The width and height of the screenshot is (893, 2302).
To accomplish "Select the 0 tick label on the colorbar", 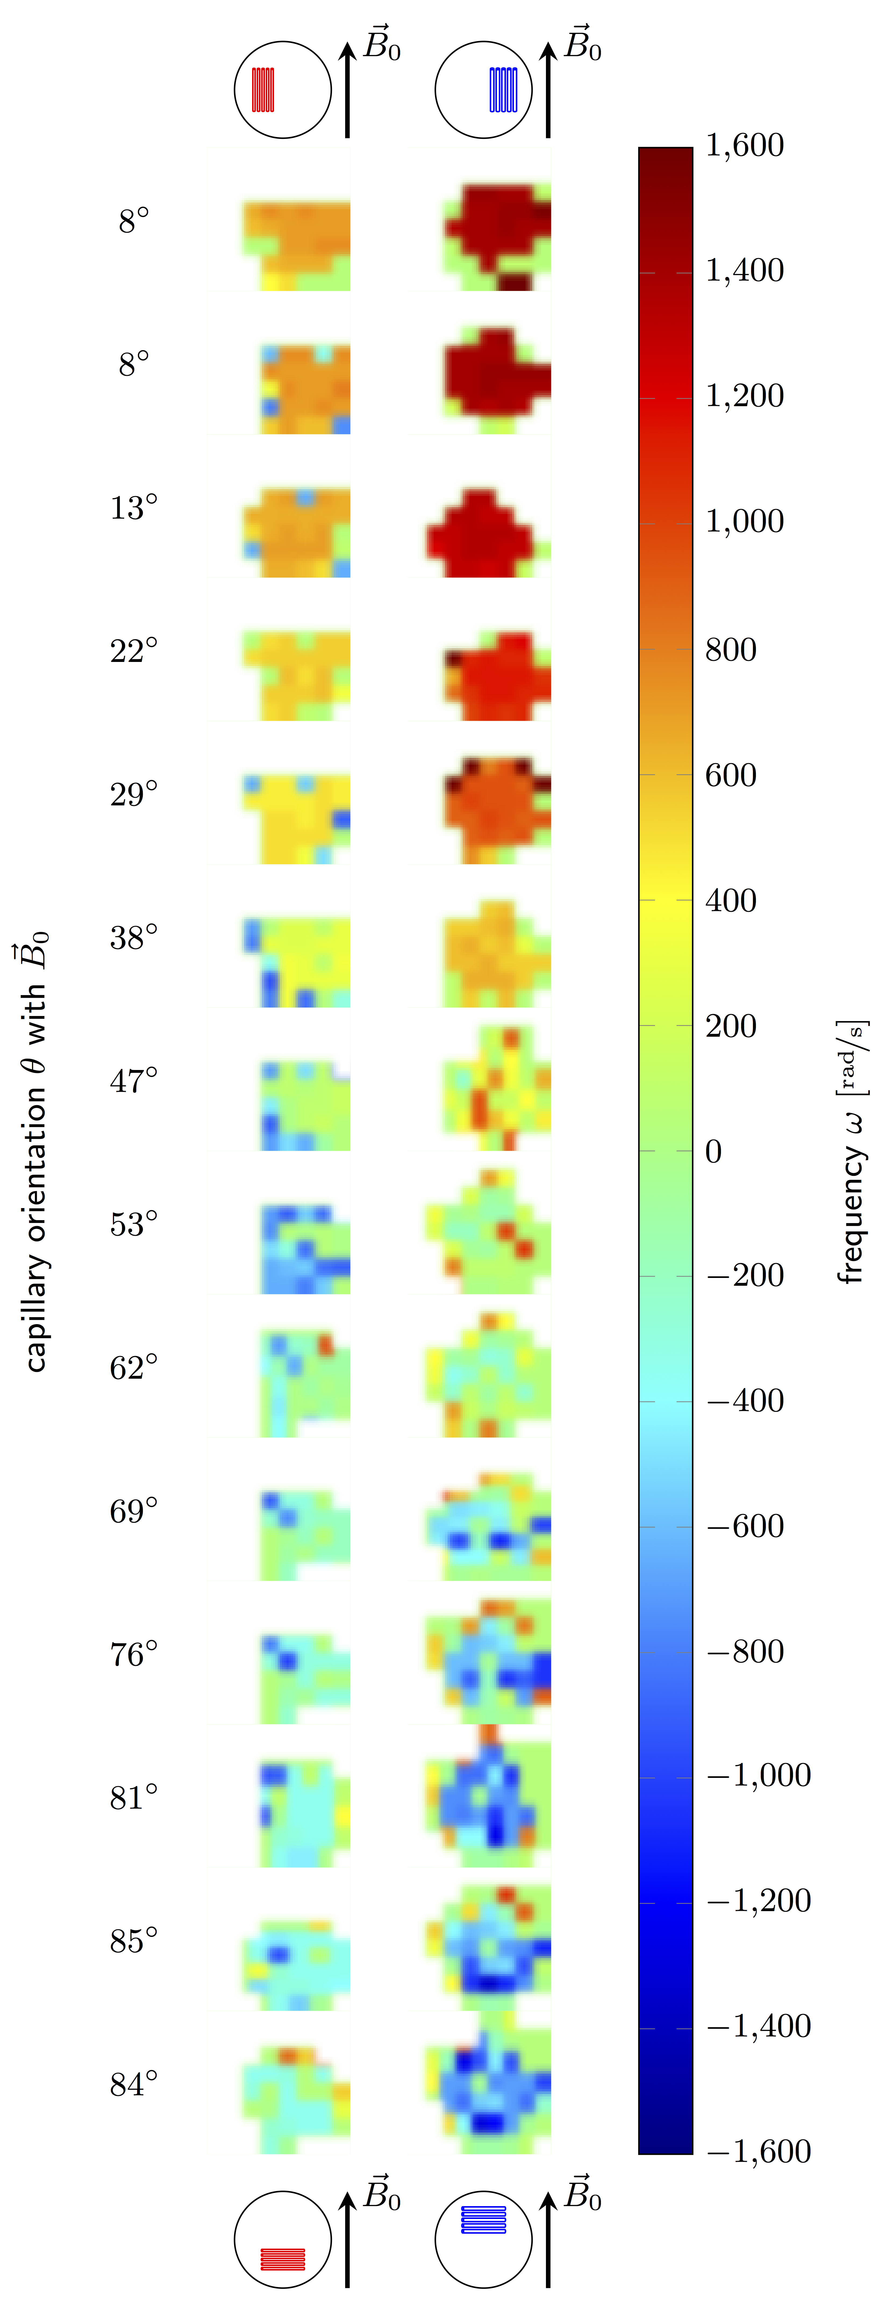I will point(713,1151).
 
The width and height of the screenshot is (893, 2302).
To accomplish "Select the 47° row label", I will point(134,1081).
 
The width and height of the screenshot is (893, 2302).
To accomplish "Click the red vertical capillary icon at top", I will point(263,89).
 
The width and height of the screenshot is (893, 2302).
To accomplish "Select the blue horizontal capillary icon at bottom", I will point(484,2220).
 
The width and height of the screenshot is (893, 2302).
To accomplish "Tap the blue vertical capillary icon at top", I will point(503,89).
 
